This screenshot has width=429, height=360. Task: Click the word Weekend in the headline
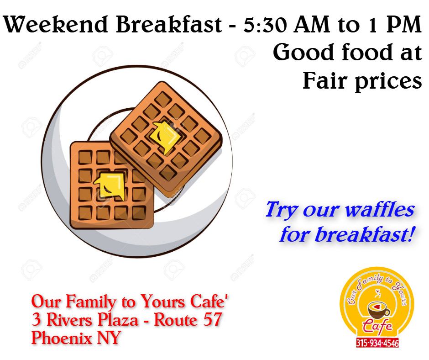coord(55,24)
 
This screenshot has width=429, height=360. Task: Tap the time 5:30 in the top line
coord(265,24)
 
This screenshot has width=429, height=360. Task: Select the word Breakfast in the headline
coord(169,24)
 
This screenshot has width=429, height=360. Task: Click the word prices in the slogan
coord(388,82)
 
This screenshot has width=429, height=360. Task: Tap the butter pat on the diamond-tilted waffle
coord(166,136)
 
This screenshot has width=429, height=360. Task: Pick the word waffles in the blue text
coord(380,210)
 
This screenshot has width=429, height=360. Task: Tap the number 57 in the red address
coord(213,319)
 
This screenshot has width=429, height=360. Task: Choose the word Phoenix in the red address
coord(62,338)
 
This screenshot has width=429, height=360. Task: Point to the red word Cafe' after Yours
coord(209,301)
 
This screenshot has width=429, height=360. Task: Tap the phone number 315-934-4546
coord(377,343)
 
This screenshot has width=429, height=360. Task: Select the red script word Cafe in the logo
coord(377,326)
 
